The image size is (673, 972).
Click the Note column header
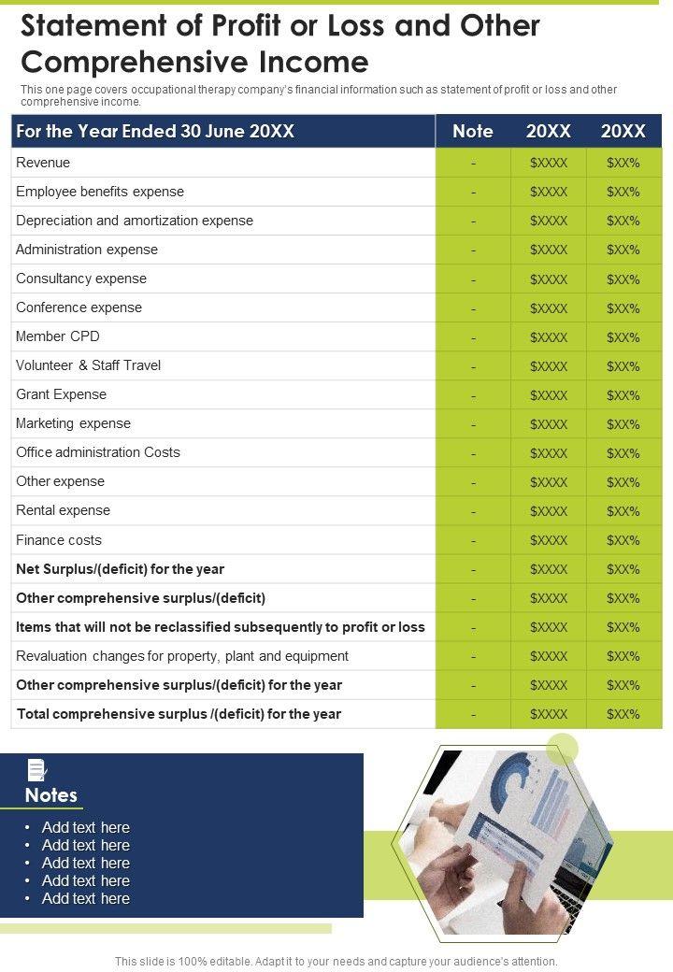tap(472, 132)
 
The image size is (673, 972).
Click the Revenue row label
tap(43, 163)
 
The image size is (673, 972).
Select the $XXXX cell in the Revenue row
tap(549, 164)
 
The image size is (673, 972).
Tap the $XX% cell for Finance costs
tap(623, 540)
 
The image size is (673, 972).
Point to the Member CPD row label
tap(58, 336)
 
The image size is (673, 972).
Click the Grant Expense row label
tap(62, 394)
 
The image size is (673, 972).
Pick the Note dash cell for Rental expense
tap(473, 511)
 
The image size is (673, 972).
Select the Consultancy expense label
tap(81, 279)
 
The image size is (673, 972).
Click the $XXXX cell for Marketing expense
tap(549, 424)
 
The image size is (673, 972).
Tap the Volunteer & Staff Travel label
tap(89, 365)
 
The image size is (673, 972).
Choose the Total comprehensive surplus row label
tap(179, 714)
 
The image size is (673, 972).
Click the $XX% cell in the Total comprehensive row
tap(623, 715)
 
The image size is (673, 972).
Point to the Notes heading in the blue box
tap(51, 795)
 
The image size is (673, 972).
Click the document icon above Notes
tap(37, 770)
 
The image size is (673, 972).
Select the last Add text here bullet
tap(86, 899)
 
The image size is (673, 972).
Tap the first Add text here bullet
tap(86, 828)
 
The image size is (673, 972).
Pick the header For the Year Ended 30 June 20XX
tap(156, 132)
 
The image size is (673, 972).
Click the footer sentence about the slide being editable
tap(336, 961)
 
